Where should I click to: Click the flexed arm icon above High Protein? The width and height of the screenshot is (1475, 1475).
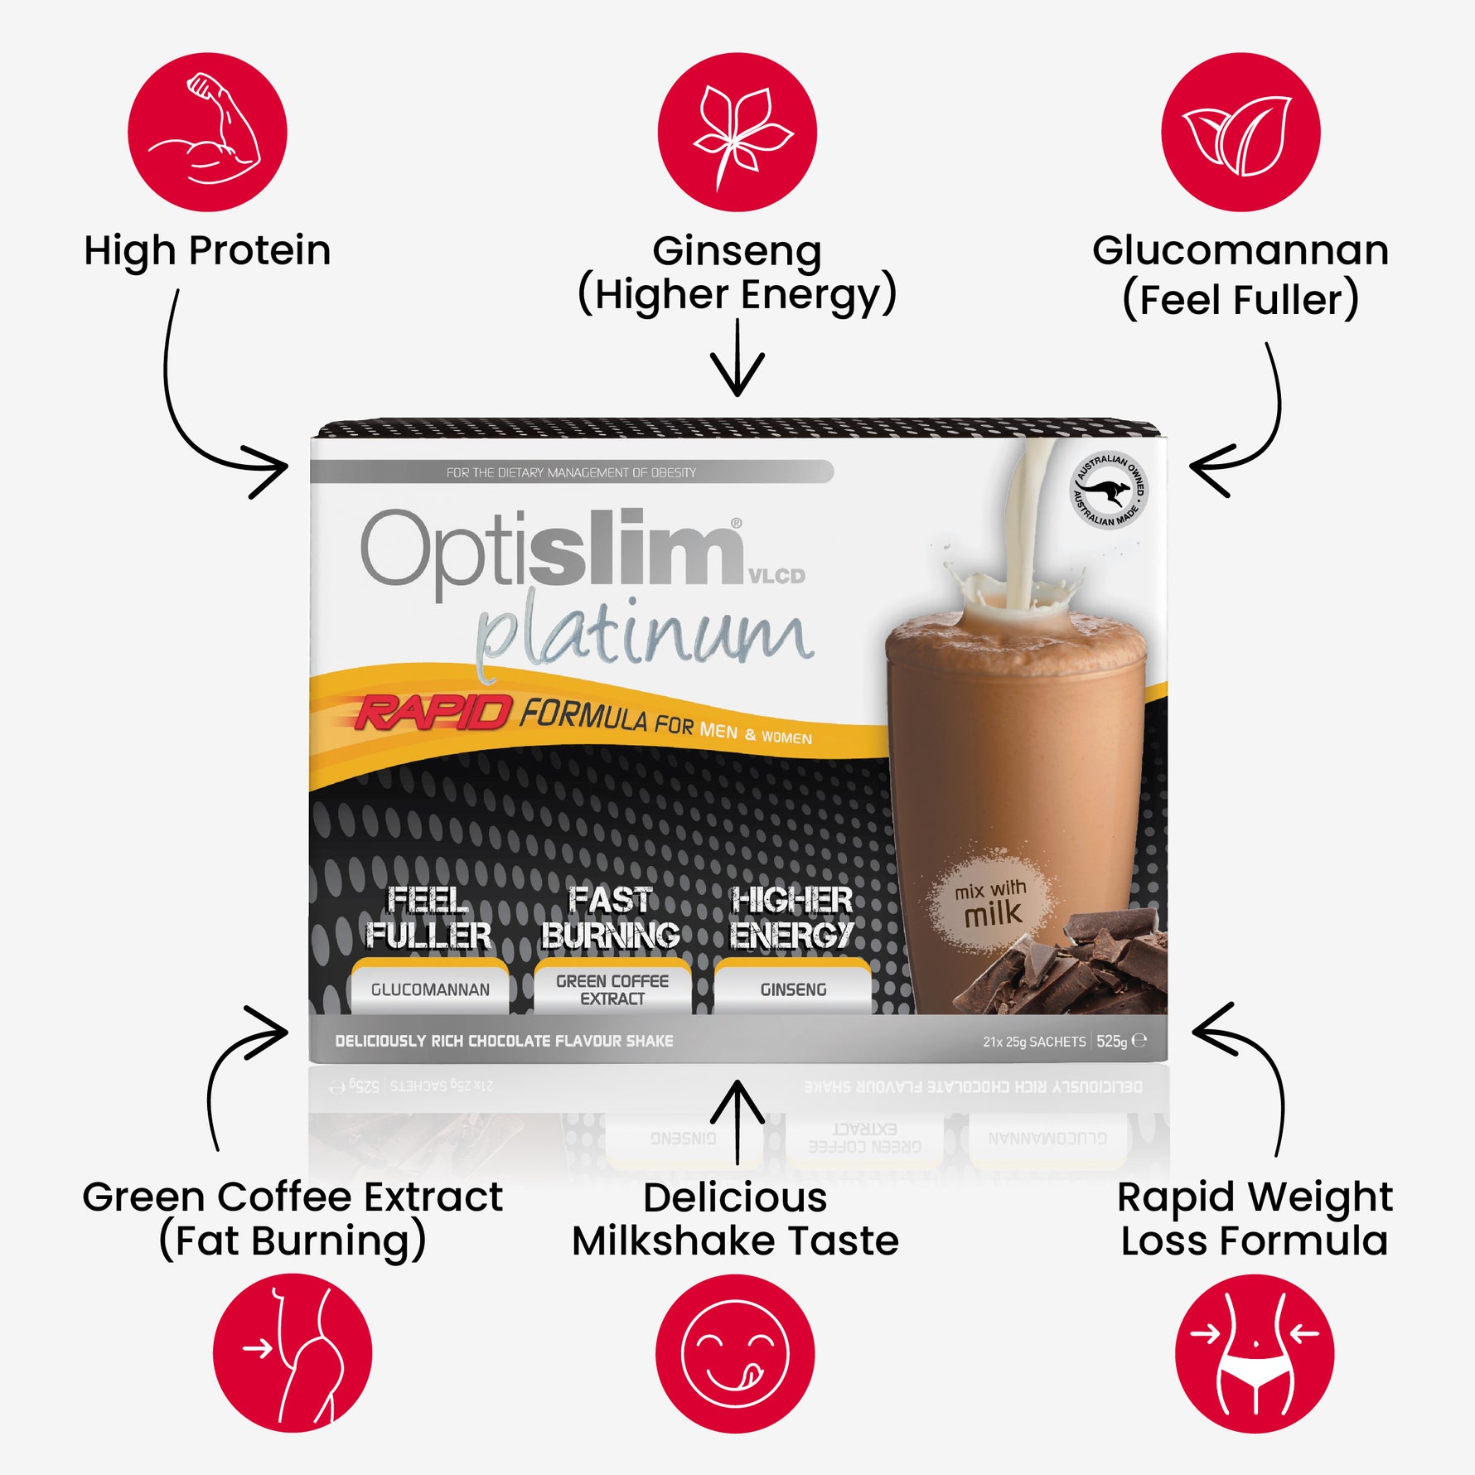coord(207,132)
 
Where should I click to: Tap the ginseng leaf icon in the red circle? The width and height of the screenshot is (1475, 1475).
coord(737,132)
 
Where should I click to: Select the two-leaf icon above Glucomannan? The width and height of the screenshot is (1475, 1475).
coord(1240,132)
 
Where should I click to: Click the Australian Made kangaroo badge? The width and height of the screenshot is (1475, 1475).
coord(1109,491)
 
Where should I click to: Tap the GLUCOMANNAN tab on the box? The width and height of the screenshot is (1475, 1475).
coord(430,989)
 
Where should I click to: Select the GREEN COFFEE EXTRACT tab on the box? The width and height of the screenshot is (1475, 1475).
coord(612,989)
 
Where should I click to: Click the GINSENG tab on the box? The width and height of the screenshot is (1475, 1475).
coord(793,989)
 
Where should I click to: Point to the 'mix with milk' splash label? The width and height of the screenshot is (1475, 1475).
coord(991,904)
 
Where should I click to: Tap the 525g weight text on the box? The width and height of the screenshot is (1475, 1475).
coord(1111,1042)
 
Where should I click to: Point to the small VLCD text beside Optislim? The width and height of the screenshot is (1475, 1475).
coord(776,576)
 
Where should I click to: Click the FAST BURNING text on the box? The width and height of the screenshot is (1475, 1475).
coord(611,917)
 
